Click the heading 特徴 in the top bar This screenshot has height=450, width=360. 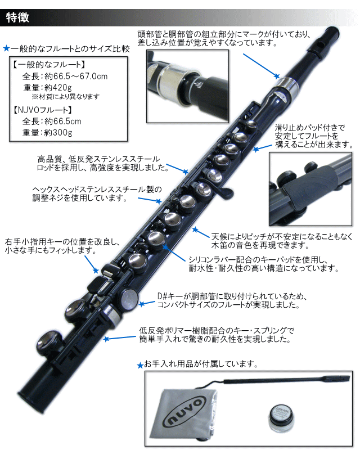point(17,17)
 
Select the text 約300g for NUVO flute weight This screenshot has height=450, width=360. point(58,132)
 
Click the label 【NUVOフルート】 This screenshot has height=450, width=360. point(43,110)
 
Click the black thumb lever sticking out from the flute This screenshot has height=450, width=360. point(225,192)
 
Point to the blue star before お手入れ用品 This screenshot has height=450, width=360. point(141,365)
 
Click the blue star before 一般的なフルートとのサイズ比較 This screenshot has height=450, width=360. point(7,48)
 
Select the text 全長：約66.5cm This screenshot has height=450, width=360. point(52,121)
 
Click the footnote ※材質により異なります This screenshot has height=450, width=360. point(65,96)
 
